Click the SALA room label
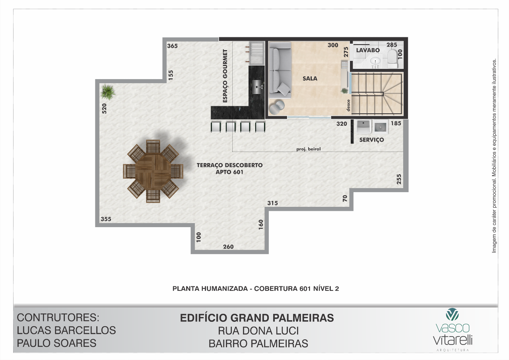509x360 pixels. click(x=310, y=78)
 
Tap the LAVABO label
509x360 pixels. click(x=368, y=50)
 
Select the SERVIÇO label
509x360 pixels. click(x=371, y=140)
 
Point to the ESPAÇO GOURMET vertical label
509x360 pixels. click(x=225, y=76)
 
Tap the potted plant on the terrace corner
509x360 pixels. click(x=108, y=92)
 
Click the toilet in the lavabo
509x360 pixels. click(x=392, y=59)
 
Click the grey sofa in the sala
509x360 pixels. click(x=280, y=70)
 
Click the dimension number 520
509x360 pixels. click(x=104, y=109)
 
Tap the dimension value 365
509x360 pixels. click(x=172, y=46)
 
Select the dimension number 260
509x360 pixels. click(x=228, y=247)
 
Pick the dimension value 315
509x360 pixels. click(x=272, y=203)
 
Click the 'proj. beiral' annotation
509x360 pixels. click(x=308, y=149)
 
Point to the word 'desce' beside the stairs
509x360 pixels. click(x=348, y=105)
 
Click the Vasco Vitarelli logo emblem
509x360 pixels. click(x=452, y=314)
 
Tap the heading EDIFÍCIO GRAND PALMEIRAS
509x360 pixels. click(x=257, y=318)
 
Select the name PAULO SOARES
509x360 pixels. click(x=56, y=343)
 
